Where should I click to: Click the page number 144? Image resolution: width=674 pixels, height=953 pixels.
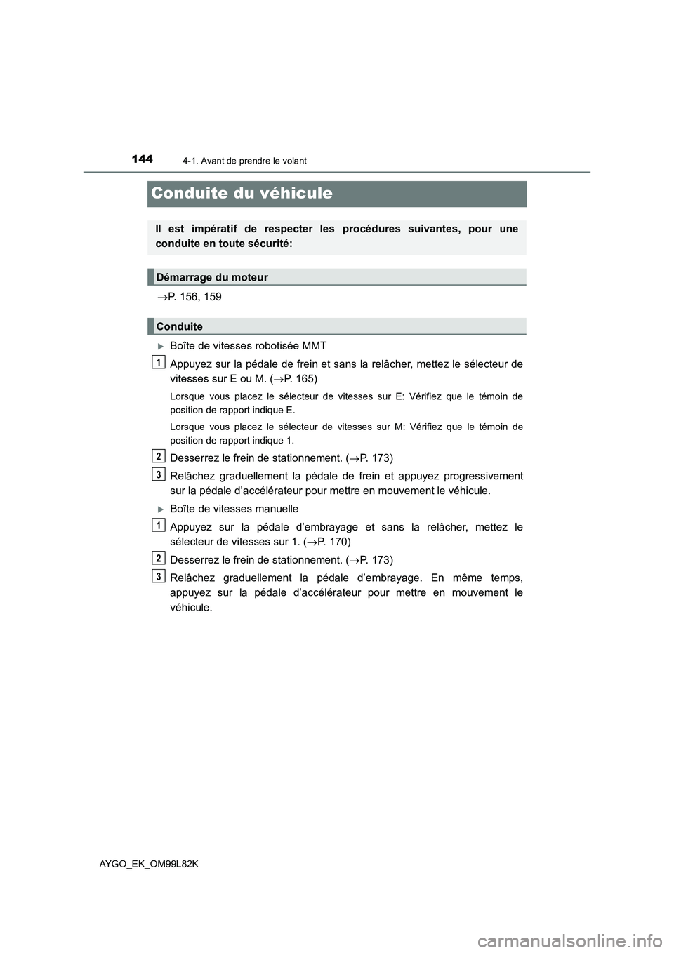coord(142,159)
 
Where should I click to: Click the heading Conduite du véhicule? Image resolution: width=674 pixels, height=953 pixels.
coord(242,193)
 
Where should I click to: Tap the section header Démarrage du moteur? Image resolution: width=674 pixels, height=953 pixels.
coord(212,277)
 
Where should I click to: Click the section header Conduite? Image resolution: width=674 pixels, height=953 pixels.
coord(180,326)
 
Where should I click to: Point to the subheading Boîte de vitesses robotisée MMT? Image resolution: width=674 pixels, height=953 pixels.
coord(248,346)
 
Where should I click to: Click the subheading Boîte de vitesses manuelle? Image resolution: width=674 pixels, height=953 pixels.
coord(234,509)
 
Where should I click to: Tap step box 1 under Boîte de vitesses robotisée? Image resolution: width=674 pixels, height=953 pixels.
coord(159,362)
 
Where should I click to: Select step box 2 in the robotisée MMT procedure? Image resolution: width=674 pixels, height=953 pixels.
coord(159,456)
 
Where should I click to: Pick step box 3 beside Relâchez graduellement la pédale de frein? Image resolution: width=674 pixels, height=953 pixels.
coord(159,474)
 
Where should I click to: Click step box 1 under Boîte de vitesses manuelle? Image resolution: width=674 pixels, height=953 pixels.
coord(159,526)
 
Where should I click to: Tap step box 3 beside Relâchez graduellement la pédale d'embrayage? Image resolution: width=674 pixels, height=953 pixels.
coord(159,576)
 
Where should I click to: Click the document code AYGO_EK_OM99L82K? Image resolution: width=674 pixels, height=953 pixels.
coord(149,864)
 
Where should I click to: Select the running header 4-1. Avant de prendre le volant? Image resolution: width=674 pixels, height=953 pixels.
coord(244,161)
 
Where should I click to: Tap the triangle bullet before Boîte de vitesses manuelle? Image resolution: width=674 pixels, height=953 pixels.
coord(161,509)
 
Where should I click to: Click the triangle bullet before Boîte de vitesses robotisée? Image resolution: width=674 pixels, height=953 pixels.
coord(161,346)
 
